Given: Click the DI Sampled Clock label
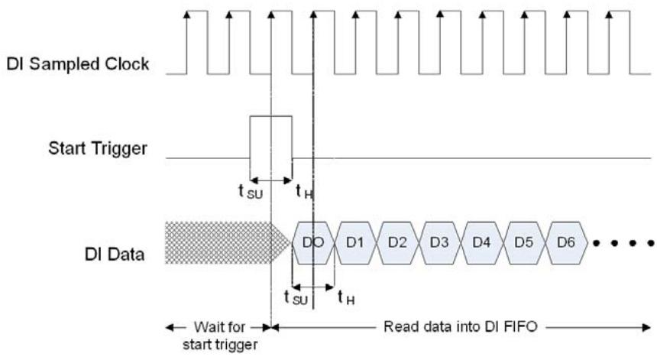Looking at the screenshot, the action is tap(77, 64).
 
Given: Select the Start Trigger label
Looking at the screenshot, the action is tap(98, 148).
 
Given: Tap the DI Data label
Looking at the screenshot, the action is tap(115, 254).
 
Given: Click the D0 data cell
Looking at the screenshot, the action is tap(313, 242).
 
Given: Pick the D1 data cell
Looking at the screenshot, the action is tap(355, 242).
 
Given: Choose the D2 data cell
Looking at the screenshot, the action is tap(397, 242).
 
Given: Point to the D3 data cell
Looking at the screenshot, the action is tap(439, 242).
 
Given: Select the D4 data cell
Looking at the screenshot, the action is tap(481, 242).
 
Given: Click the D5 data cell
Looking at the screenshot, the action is tap(524, 242).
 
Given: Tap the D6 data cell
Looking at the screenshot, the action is tap(566, 242).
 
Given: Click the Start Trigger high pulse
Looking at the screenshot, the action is tap(270, 116).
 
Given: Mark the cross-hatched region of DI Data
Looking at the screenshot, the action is tap(226, 242).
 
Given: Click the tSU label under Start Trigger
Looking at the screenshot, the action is tap(250, 192).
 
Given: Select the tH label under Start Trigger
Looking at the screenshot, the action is tap(304, 192).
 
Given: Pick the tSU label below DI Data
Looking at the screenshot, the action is tap(296, 298).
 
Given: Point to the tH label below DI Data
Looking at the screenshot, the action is tap(347, 298).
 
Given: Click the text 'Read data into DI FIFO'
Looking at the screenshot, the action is tap(461, 326).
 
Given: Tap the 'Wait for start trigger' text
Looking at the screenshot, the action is tap(220, 336).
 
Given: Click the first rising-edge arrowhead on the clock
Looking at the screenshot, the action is tap(187, 15).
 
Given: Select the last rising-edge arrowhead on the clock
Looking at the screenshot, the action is tap(609, 15).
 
